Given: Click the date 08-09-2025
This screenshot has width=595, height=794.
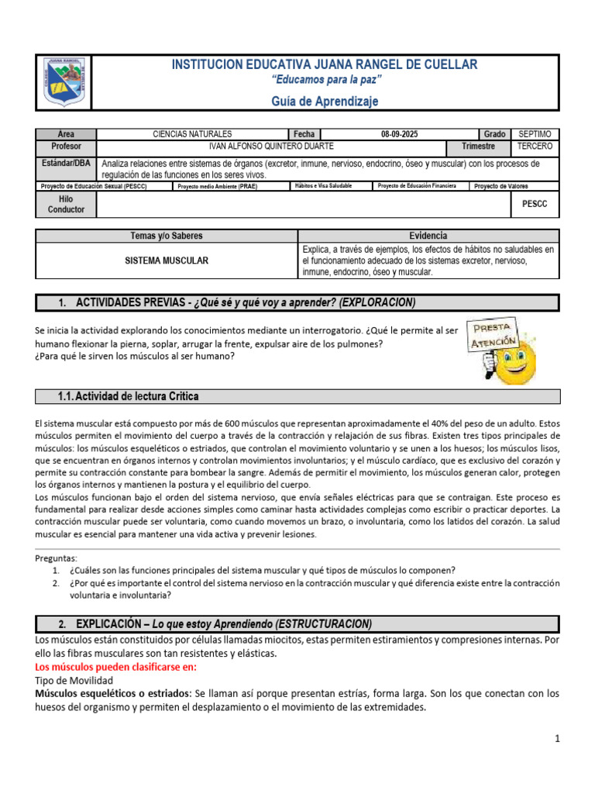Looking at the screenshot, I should point(399,134).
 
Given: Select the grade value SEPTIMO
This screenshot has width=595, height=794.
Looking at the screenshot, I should point(535,134).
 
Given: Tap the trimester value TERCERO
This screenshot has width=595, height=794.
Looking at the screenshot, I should point(535,147).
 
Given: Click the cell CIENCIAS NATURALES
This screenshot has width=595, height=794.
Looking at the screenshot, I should point(192,134).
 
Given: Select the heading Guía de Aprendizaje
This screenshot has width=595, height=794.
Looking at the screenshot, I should point(325,102).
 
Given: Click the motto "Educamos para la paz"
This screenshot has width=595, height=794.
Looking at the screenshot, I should point(325,80).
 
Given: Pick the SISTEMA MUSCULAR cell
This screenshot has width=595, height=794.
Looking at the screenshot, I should point(167,261).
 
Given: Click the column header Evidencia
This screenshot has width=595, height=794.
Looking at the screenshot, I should point(428,236).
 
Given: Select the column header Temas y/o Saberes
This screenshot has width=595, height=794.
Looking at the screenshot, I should point(167,236).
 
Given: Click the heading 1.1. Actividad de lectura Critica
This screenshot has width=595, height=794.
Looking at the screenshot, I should point(129,396).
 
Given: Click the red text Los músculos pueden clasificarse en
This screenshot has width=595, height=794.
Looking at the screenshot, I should point(116,666).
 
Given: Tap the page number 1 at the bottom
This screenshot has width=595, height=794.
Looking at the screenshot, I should point(557,740).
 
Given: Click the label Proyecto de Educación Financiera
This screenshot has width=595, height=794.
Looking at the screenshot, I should point(417,186).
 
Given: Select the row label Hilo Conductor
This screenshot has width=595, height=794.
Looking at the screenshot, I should point(66,205).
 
